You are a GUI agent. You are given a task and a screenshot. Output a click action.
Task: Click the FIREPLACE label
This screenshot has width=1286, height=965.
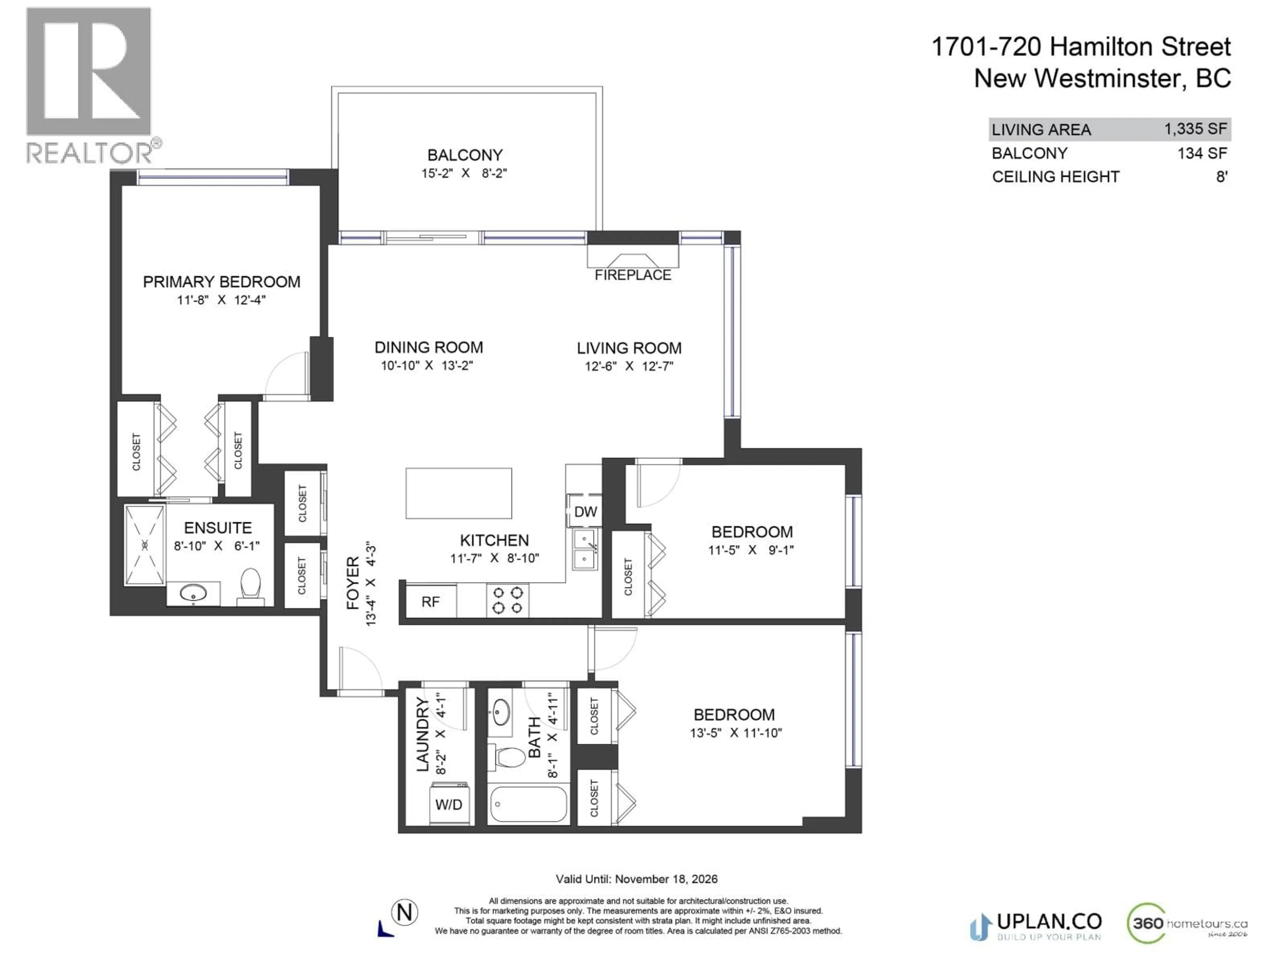(633, 275)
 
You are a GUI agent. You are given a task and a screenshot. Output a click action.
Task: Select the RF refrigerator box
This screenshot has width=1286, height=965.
(430, 601)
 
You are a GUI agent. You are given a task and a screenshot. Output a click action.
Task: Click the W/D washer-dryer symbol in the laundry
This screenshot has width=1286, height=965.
(448, 805)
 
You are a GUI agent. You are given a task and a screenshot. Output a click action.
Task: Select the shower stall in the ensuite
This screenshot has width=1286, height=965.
(145, 545)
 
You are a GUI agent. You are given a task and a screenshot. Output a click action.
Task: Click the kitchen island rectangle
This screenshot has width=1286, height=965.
(459, 493)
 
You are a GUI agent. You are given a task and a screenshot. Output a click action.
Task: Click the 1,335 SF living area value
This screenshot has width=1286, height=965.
(1195, 129)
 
